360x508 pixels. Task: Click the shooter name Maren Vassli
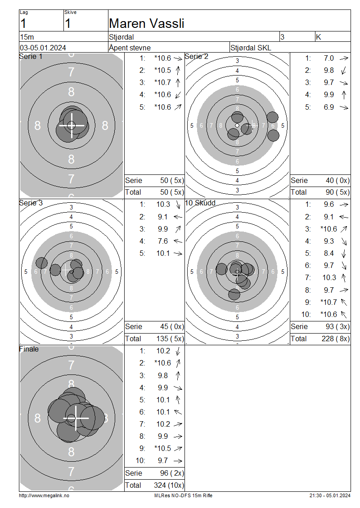pyautogui.click(x=147, y=24)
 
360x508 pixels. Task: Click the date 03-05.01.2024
pyautogui.click(x=43, y=48)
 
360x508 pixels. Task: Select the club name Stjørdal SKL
pyautogui.click(x=251, y=48)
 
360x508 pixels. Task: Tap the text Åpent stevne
pyautogui.click(x=130, y=48)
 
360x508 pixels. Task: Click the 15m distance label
pyautogui.click(x=27, y=37)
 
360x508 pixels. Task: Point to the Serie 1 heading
pyautogui.click(x=31, y=56)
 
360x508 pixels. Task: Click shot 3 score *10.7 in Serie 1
pyautogui.click(x=163, y=83)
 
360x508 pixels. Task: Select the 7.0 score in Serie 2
pyautogui.click(x=328, y=58)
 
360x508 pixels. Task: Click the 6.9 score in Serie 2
pyautogui.click(x=328, y=107)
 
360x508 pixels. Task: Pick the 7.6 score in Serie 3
pyautogui.click(x=163, y=241)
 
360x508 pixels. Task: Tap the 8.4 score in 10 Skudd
pyautogui.click(x=328, y=254)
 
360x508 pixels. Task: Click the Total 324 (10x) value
pyautogui.click(x=169, y=486)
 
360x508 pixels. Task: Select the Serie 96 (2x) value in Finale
pyautogui.click(x=172, y=473)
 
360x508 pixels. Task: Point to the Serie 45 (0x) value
pyautogui.click(x=172, y=326)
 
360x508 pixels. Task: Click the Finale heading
pyautogui.click(x=29, y=349)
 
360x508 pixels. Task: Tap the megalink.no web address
pyautogui.click(x=44, y=496)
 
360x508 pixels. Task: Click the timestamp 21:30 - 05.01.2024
pyautogui.click(x=330, y=496)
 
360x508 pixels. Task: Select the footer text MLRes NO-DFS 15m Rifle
pyautogui.click(x=183, y=496)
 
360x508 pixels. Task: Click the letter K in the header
pyautogui.click(x=319, y=37)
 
